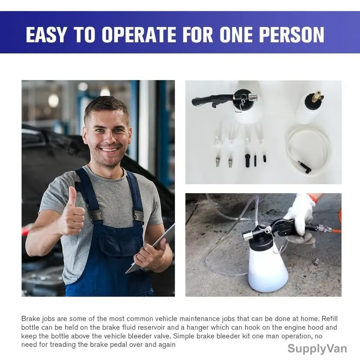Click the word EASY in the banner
46,35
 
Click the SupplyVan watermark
317,348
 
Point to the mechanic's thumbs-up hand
71,214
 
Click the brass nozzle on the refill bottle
318,94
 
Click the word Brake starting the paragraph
31,319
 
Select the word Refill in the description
330,319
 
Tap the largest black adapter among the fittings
248,161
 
